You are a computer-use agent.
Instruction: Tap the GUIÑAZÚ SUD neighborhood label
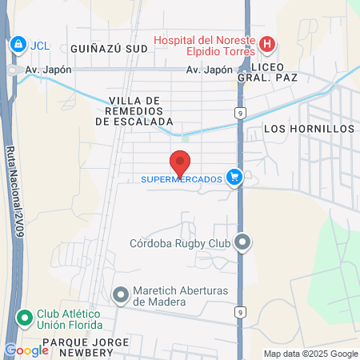pyautogui.click(x=110, y=48)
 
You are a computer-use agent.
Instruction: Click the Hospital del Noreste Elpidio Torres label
pyautogui.click(x=203, y=45)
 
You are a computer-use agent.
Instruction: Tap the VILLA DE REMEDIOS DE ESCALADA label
pyautogui.click(x=134, y=111)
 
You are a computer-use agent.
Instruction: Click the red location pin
pyautogui.click(x=180, y=162)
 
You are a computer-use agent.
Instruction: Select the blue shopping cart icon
pyautogui.click(x=234, y=177)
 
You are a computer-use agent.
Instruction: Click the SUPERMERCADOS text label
pyautogui.click(x=181, y=179)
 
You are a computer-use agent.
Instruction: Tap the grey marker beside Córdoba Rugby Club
pyautogui.click(x=244, y=241)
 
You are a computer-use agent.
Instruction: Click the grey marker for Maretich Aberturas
pyautogui.click(x=121, y=296)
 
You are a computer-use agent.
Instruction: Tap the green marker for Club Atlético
pyautogui.click(x=25, y=318)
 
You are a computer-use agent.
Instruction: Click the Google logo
pyautogui.click(x=26, y=350)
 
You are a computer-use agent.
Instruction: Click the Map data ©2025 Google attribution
pyautogui.click(x=311, y=354)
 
